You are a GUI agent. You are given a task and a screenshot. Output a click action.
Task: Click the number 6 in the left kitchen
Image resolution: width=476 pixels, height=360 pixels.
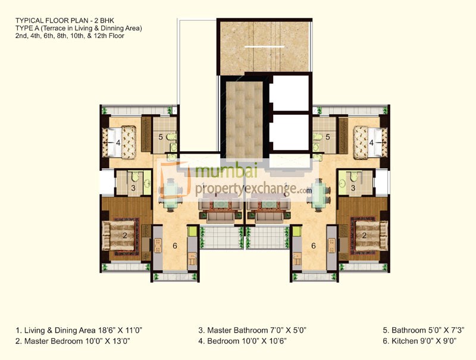tap(174, 245)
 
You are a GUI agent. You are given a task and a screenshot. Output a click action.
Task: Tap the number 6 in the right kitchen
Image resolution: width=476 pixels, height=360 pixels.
tap(313, 245)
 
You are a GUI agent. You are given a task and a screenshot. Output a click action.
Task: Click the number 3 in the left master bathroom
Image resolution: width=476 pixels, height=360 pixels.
tap(133, 189)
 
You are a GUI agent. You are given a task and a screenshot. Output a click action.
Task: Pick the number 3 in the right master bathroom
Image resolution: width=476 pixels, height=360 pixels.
tap(354, 189)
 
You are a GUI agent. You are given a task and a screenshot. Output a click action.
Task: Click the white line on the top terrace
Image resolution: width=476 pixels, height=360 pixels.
tap(265, 46)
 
